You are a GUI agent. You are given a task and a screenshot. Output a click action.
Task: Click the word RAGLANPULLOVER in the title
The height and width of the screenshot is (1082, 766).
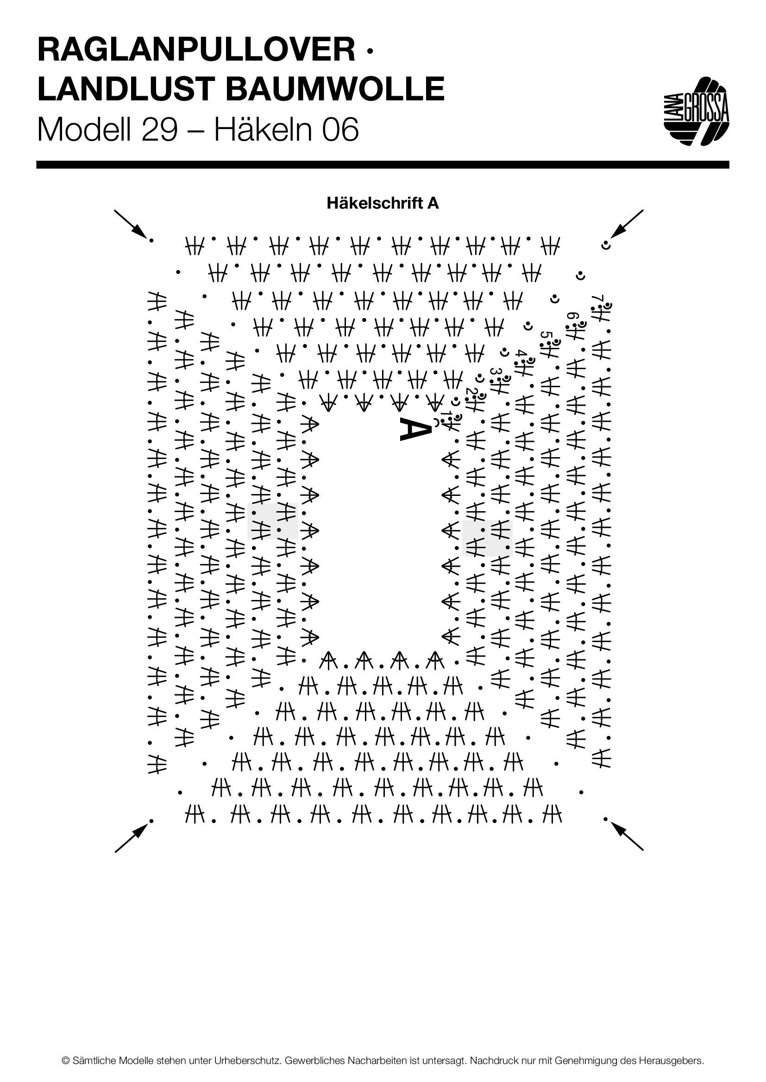click(196, 50)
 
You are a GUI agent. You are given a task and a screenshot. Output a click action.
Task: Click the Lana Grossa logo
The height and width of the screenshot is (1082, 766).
click(696, 111)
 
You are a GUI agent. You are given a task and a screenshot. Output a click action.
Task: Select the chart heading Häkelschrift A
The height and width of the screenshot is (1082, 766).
click(383, 203)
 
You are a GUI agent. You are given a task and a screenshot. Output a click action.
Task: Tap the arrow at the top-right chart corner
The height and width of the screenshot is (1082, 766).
click(628, 224)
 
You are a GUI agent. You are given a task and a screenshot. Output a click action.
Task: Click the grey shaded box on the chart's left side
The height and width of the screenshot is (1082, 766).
click(273, 521)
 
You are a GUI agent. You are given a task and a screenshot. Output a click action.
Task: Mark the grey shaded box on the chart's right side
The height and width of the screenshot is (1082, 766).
click(487, 538)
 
